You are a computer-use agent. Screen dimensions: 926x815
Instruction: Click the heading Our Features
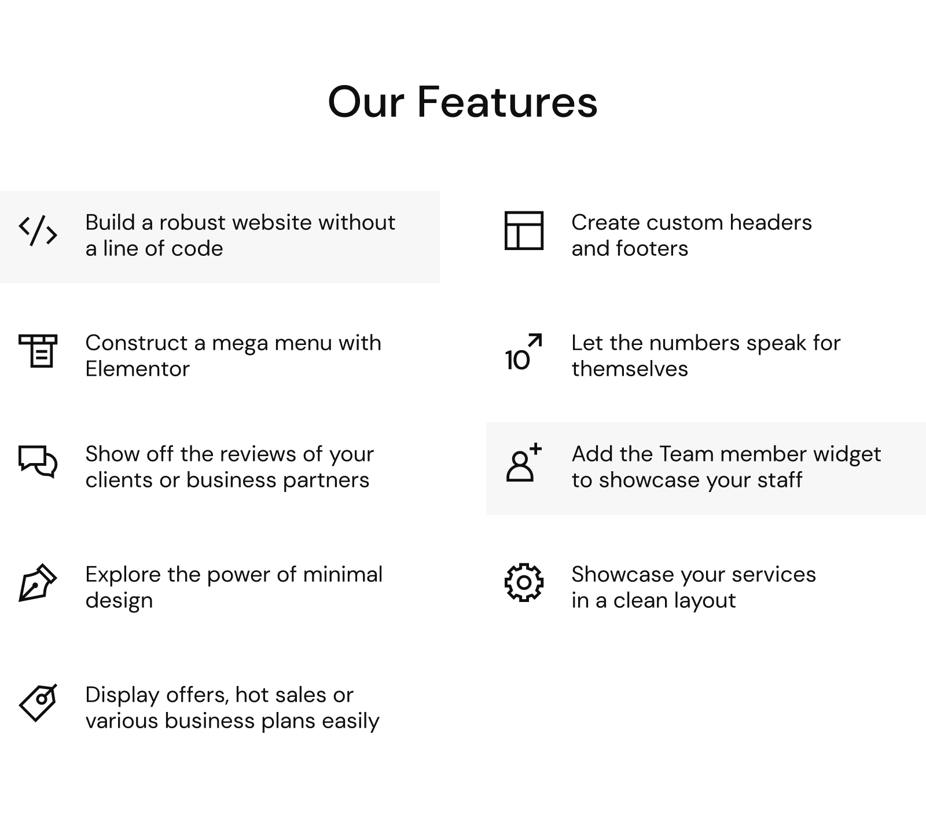pos(462,102)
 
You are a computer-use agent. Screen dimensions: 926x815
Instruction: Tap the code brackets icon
pos(38,231)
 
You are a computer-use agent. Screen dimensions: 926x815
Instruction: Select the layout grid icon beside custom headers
pos(524,230)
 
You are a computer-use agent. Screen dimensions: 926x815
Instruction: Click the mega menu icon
pos(38,351)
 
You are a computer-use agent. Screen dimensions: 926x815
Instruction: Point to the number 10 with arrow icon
pos(523,351)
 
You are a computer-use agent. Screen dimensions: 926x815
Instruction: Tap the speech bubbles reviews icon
pos(38,461)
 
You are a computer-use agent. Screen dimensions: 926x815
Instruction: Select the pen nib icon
pos(38,583)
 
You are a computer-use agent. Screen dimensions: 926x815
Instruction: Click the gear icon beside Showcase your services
pos(524,582)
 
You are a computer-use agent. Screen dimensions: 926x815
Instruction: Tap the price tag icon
pos(38,703)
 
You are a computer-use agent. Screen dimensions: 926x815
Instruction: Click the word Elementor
pos(138,369)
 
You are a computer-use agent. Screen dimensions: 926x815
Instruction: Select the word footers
pos(652,248)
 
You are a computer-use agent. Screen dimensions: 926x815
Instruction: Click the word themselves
pos(630,369)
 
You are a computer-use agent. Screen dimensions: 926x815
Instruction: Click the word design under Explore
pos(119,600)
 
